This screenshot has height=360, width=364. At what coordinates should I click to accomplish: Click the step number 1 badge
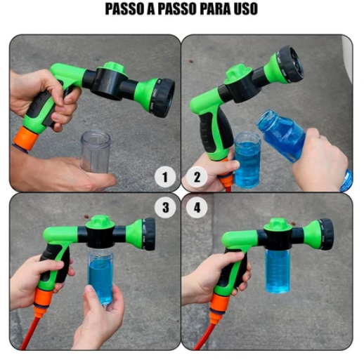(x=165, y=177)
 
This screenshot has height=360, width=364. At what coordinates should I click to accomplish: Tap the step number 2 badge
(x=197, y=177)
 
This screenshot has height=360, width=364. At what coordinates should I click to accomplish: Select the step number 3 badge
(x=165, y=208)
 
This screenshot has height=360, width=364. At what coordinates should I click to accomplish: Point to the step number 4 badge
(x=197, y=208)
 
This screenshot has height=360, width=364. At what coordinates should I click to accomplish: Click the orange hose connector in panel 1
(x=25, y=138)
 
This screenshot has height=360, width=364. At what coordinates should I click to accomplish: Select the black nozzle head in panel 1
(x=164, y=98)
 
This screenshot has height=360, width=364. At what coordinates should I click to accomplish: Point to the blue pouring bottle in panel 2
(x=283, y=135)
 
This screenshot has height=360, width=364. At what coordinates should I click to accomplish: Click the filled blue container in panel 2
(x=247, y=160)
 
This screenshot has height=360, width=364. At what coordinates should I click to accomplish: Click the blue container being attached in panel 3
(x=100, y=276)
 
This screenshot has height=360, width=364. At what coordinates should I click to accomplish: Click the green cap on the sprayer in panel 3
(x=100, y=222)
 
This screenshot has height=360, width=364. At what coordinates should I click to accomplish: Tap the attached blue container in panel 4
(x=278, y=271)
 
